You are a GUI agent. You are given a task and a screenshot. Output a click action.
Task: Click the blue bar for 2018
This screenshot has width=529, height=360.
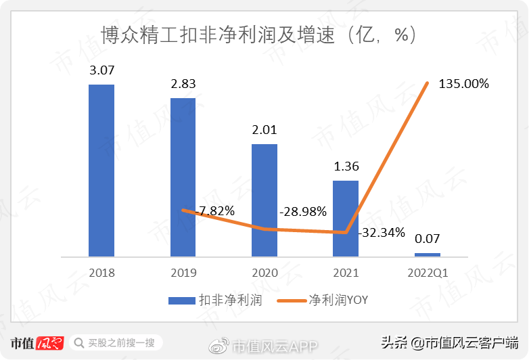pyautogui.click(x=101, y=171)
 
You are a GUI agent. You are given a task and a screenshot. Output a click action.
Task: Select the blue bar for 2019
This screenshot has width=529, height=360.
pyautogui.click(x=183, y=177)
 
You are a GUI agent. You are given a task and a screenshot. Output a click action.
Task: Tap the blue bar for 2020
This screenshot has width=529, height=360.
pyautogui.click(x=264, y=200)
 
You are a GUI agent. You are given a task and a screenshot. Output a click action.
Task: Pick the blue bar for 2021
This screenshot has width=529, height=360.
pyautogui.click(x=346, y=219)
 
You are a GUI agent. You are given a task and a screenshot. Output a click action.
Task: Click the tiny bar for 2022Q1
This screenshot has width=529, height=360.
pyautogui.click(x=427, y=254)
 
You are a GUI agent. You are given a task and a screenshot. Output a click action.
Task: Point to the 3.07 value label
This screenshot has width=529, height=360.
pyautogui.click(x=101, y=70)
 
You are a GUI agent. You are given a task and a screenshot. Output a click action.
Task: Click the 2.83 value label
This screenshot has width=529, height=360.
pyautogui.click(x=183, y=84)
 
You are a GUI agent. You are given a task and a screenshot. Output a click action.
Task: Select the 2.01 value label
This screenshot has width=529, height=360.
pyautogui.click(x=264, y=129)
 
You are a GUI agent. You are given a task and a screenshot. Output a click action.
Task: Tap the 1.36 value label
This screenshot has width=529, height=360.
pyautogui.click(x=346, y=166)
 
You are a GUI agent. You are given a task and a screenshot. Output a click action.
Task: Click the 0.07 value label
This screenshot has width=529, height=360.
pyautogui.click(x=427, y=239)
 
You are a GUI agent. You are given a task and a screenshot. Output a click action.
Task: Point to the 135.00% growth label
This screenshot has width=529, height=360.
pyautogui.click(x=464, y=84)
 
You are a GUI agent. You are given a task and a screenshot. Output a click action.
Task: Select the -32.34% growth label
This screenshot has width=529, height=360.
pyautogui.click(x=382, y=233)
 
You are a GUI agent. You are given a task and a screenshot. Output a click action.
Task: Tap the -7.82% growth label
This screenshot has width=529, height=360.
pyautogui.click(x=215, y=211)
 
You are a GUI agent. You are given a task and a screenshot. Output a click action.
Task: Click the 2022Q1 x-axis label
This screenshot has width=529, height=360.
pyautogui.click(x=427, y=273)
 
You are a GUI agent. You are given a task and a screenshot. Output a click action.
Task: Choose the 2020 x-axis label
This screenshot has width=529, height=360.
pyautogui.click(x=264, y=273)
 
